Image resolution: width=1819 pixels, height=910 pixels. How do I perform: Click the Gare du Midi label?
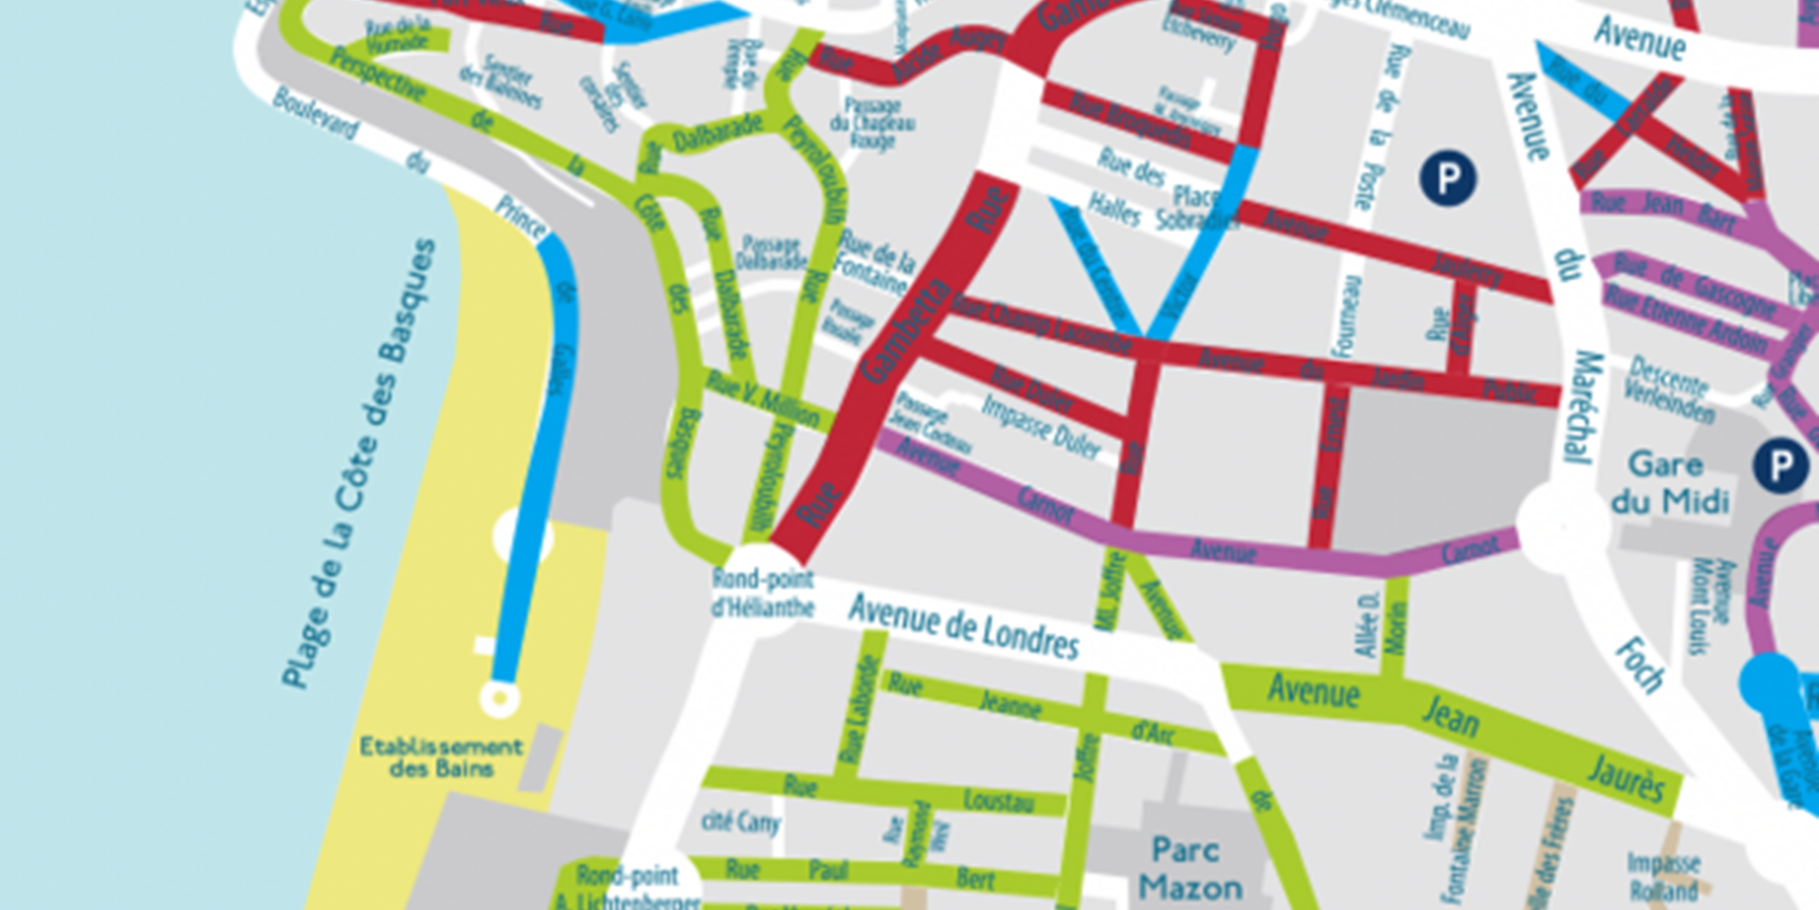1668,483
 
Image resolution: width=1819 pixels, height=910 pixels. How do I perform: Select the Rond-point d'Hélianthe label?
762,592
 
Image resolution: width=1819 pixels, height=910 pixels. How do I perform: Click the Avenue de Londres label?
964,627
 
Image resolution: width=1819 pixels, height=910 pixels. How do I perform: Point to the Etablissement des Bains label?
441,757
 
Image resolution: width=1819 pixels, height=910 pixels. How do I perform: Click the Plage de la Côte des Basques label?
358,464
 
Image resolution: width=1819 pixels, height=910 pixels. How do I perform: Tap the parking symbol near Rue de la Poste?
1448,177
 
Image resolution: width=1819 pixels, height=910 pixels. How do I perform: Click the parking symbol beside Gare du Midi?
1780,466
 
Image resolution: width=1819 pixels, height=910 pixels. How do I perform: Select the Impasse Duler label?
1040,426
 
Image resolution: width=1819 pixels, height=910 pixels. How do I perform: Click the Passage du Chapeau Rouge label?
872,123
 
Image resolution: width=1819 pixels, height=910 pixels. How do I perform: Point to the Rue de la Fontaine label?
874,261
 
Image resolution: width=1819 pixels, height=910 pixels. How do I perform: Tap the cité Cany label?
740,823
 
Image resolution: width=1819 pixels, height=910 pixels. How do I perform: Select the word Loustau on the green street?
999,801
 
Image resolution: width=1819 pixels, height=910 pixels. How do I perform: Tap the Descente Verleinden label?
1670,389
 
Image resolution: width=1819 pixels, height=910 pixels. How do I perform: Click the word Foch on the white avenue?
1640,664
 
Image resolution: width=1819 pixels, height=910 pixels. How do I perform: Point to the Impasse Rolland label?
1663,876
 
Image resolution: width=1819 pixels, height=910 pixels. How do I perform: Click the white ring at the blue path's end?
499,699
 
